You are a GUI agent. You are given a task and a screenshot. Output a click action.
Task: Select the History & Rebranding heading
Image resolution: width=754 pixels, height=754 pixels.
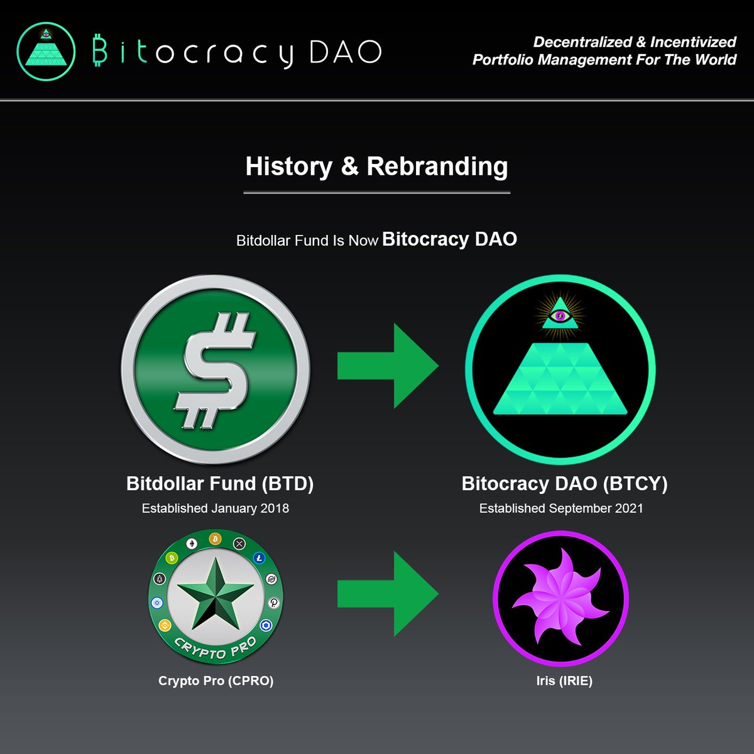[376, 167]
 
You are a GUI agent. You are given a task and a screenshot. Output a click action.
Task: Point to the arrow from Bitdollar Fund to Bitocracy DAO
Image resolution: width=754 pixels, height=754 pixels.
[387, 366]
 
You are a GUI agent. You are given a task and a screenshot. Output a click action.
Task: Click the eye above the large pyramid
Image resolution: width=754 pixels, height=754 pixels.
[559, 315]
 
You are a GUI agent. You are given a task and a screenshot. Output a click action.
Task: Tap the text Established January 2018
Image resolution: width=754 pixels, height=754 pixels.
[216, 508]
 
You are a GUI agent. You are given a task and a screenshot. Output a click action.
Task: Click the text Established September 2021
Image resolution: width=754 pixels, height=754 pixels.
[561, 508]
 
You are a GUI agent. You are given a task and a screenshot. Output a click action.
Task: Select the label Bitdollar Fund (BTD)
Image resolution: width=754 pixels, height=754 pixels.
[220, 483]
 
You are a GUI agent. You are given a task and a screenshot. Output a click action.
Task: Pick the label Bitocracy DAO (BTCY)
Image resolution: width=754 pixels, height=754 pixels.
[564, 483]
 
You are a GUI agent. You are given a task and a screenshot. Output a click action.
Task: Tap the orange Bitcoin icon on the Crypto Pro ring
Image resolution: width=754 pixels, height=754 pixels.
[216, 539]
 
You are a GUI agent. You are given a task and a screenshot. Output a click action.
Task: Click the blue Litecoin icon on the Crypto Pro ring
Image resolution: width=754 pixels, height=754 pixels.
[259, 557]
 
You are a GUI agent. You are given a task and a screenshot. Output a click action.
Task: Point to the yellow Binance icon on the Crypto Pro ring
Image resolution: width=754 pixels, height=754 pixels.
[165, 625]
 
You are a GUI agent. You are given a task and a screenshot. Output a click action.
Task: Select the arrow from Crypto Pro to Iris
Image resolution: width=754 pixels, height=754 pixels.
[387, 594]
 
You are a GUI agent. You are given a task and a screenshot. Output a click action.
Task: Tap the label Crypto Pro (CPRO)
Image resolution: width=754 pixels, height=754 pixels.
[216, 680]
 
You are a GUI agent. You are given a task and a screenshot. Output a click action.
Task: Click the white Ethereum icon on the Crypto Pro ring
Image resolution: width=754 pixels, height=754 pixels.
[192, 544]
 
